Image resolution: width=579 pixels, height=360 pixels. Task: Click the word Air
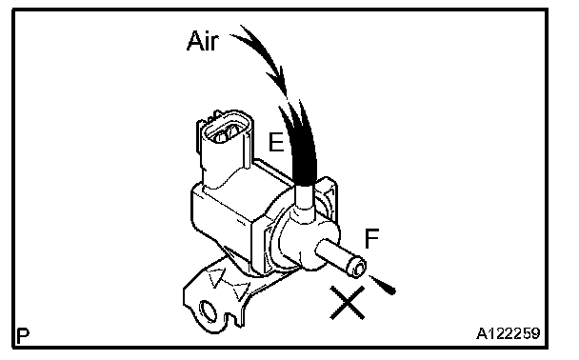coord(203,41)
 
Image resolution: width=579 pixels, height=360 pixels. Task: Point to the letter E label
coord(276,142)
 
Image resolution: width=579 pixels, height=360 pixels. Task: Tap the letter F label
coord(371,238)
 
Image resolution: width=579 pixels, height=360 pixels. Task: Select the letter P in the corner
coord(23,335)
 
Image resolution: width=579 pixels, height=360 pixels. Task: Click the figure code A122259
coord(509,333)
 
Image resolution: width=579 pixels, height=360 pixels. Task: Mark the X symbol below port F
coord(347,303)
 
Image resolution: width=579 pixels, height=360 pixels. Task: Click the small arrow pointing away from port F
coord(383,285)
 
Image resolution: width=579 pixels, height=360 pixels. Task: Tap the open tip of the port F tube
coord(358,269)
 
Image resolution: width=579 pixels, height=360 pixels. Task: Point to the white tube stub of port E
coord(305,197)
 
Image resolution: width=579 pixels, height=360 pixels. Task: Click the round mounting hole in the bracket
coord(208,310)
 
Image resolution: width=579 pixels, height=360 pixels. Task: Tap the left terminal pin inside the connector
coord(221,135)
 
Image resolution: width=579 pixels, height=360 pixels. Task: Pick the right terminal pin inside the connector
coord(233,131)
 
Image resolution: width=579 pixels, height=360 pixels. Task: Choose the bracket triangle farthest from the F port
coord(216,277)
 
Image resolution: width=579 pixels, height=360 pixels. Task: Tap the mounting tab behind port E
coord(327,195)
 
